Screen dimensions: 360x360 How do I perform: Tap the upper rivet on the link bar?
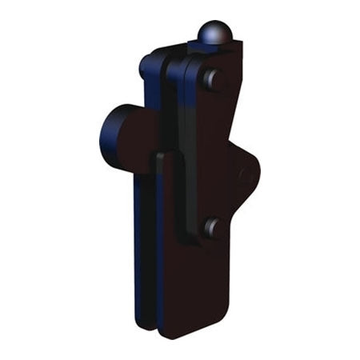[211, 80]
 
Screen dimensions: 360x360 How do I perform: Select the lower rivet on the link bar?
[211, 228]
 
